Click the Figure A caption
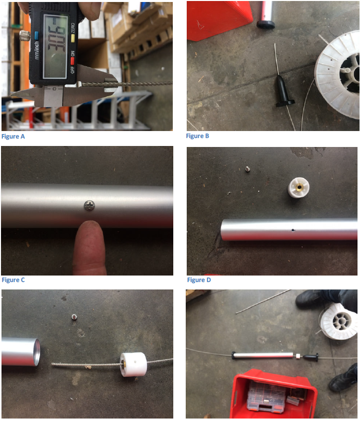click(13, 137)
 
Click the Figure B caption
click(198, 136)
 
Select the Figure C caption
click(13, 280)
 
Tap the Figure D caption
click(199, 280)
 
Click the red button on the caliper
click(72, 61)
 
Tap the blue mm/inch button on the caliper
click(37, 35)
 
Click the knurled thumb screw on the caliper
click(24, 36)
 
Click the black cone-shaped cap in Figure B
click(283, 91)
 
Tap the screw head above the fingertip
click(89, 206)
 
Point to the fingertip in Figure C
click(89, 238)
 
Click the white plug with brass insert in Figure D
click(298, 187)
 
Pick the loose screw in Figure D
click(247, 169)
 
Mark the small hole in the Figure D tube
click(293, 230)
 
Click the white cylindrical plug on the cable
click(133, 365)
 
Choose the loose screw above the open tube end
click(74, 317)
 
